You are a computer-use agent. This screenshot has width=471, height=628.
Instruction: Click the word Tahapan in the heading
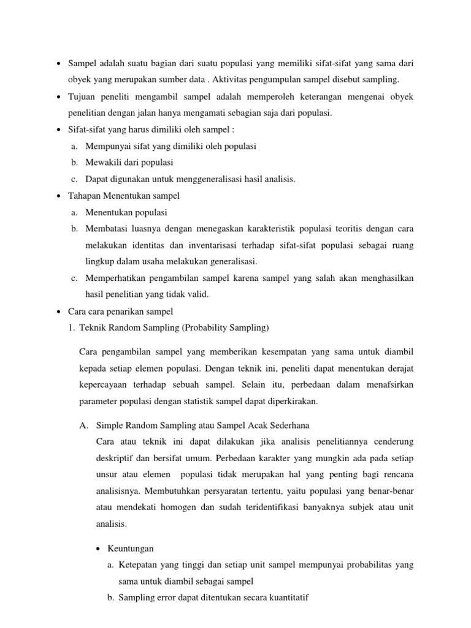tap(84, 196)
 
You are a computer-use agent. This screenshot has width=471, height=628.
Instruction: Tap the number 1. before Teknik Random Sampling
tap(74, 328)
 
